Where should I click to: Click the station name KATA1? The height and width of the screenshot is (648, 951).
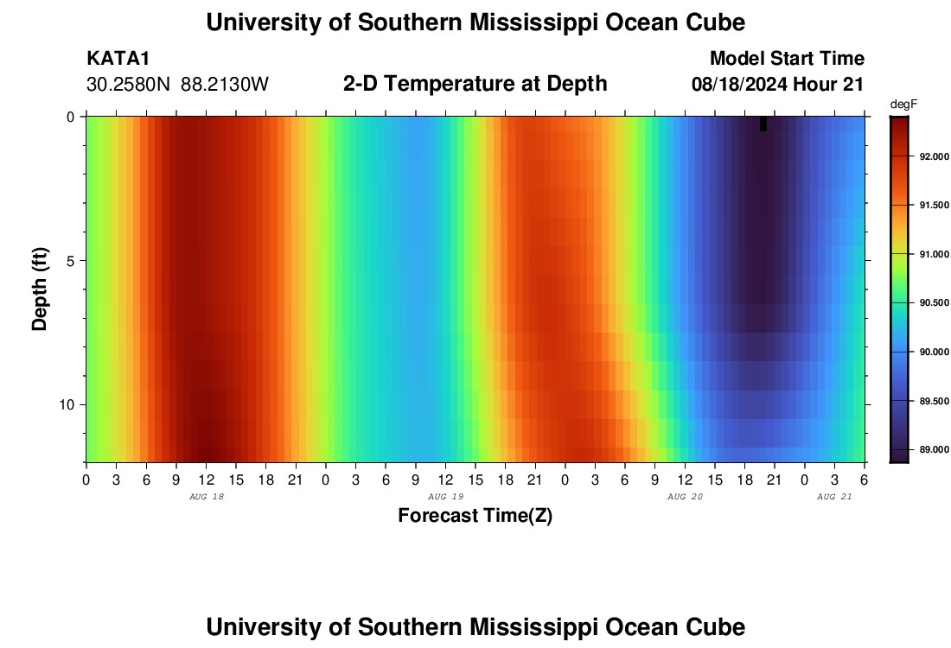pyautogui.click(x=118, y=59)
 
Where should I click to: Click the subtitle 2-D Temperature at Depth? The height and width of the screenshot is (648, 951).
pyautogui.click(x=475, y=84)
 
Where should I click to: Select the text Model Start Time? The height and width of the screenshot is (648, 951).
pyautogui.click(x=787, y=59)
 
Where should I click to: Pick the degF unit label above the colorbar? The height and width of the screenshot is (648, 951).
pyautogui.click(x=903, y=104)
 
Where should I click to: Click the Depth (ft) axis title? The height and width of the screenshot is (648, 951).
pyautogui.click(x=40, y=289)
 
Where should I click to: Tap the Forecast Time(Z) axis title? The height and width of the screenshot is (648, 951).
pyautogui.click(x=475, y=516)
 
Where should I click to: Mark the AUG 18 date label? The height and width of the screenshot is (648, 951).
pyautogui.click(x=206, y=497)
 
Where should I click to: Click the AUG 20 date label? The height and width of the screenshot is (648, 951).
pyautogui.click(x=685, y=497)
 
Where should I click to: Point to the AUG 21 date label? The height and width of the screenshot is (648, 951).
pyautogui.click(x=834, y=497)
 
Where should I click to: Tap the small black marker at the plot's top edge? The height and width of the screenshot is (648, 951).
pyautogui.click(x=763, y=124)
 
